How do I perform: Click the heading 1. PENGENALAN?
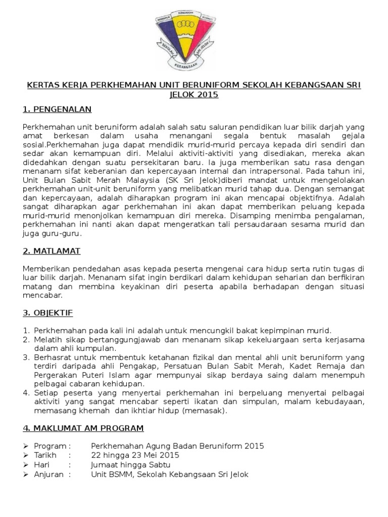58,109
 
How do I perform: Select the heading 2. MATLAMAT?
52,251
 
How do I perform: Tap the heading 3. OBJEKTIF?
48,313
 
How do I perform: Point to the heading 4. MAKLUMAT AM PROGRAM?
83,428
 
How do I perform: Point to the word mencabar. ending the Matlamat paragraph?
43,295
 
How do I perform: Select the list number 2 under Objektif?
26,339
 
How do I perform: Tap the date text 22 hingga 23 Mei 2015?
135,455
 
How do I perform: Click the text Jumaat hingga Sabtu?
130,464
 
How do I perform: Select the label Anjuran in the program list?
48,474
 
